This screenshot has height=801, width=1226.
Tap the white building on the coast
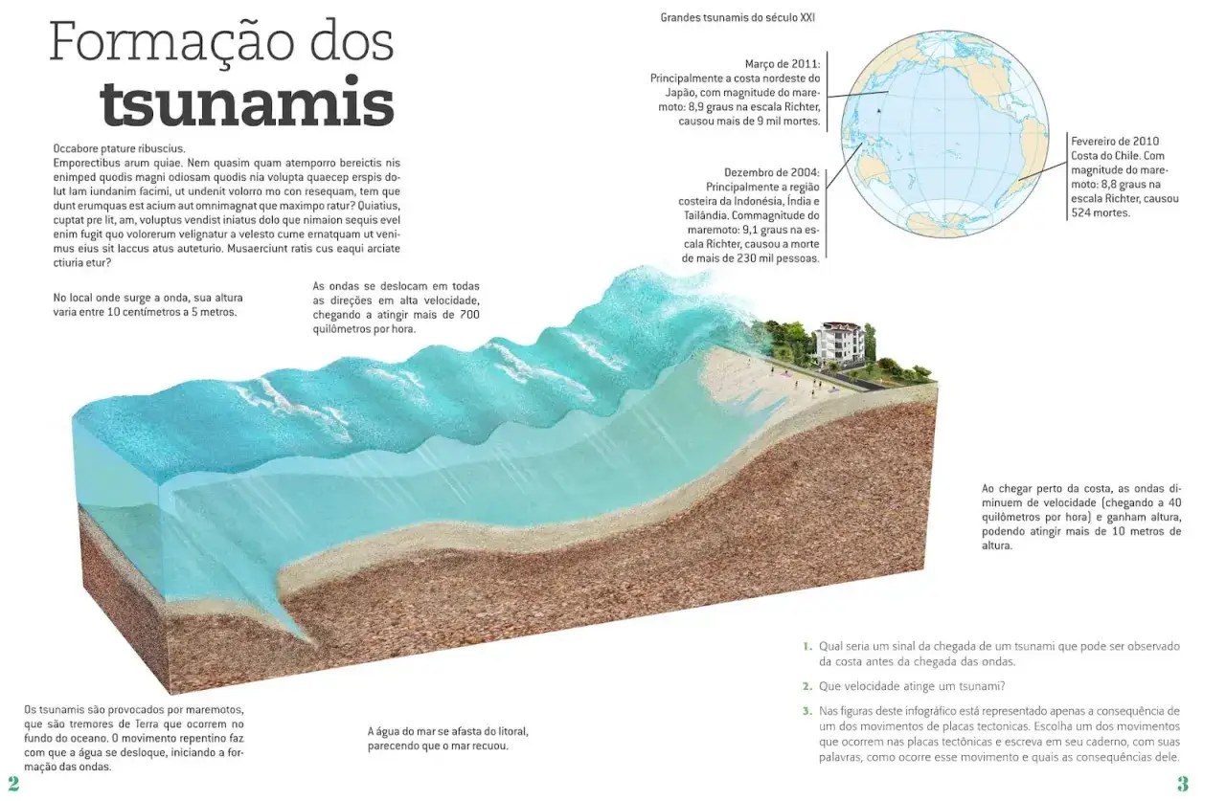pyautogui.click(x=838, y=343)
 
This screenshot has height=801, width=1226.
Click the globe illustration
pyautogui.click(x=944, y=134)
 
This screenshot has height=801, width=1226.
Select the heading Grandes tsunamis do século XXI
pyautogui.click(x=738, y=17)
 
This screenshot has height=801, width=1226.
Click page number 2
pyautogui.click(x=13, y=784)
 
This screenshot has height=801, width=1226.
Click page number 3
pyautogui.click(x=1183, y=784)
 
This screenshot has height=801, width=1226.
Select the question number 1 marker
pyautogui.click(x=807, y=646)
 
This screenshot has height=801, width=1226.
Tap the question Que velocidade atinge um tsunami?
pyautogui.click(x=912, y=686)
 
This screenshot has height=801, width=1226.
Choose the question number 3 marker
pyautogui.click(x=807, y=711)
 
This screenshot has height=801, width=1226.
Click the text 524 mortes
pyautogui.click(x=1101, y=212)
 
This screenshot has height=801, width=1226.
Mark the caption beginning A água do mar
pyautogui.click(x=447, y=738)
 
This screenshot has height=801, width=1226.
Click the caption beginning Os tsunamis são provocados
pyautogui.click(x=134, y=738)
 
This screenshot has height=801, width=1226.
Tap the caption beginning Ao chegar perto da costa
pyautogui.click(x=1081, y=517)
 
